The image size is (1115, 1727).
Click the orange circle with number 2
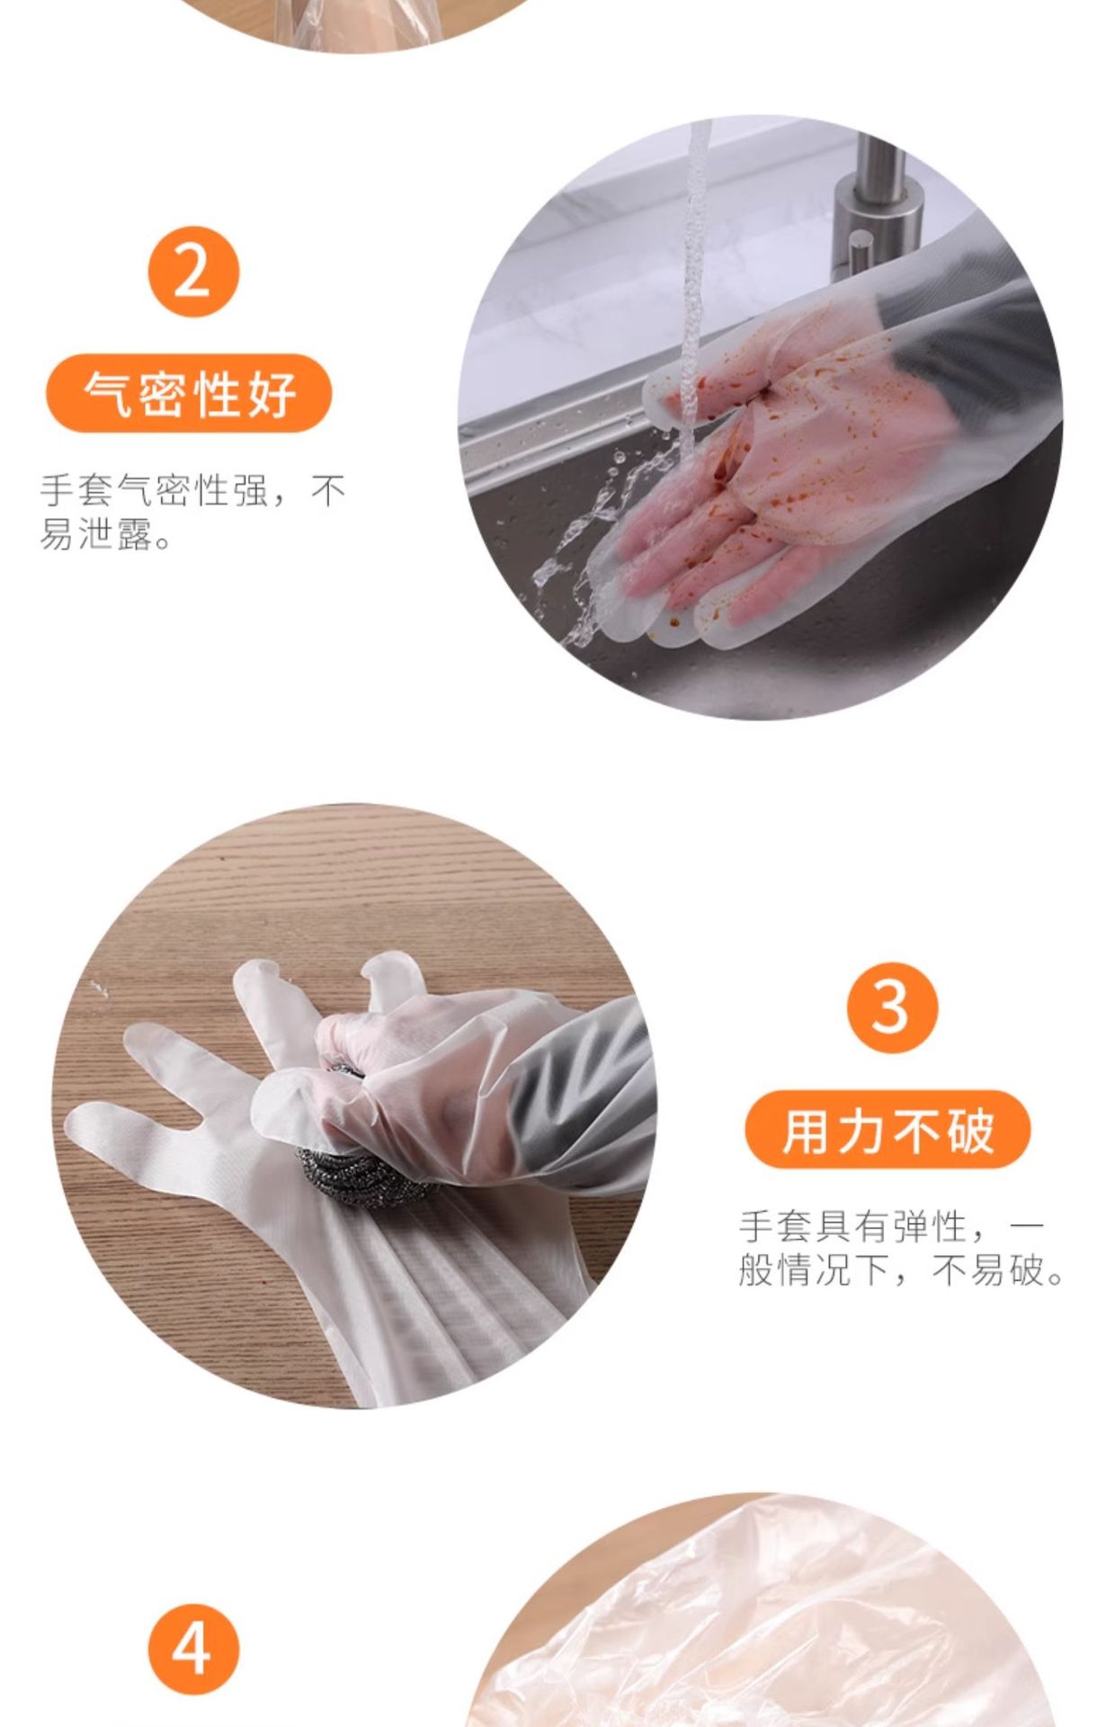click(193, 272)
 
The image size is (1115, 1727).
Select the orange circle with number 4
click(193, 1650)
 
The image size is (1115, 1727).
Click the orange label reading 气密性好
click(189, 393)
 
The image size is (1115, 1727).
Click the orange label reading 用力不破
click(888, 1129)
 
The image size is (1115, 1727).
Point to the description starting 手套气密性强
click(192, 513)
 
